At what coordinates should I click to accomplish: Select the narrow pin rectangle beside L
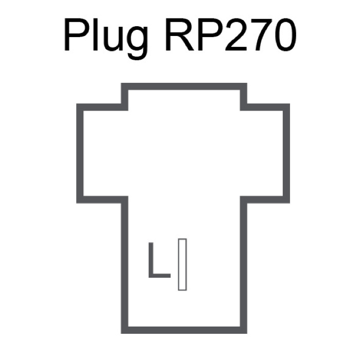coord(182,264)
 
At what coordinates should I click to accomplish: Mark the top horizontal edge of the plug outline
coord(184,86)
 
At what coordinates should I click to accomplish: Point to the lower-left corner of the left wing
coord(80,200)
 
